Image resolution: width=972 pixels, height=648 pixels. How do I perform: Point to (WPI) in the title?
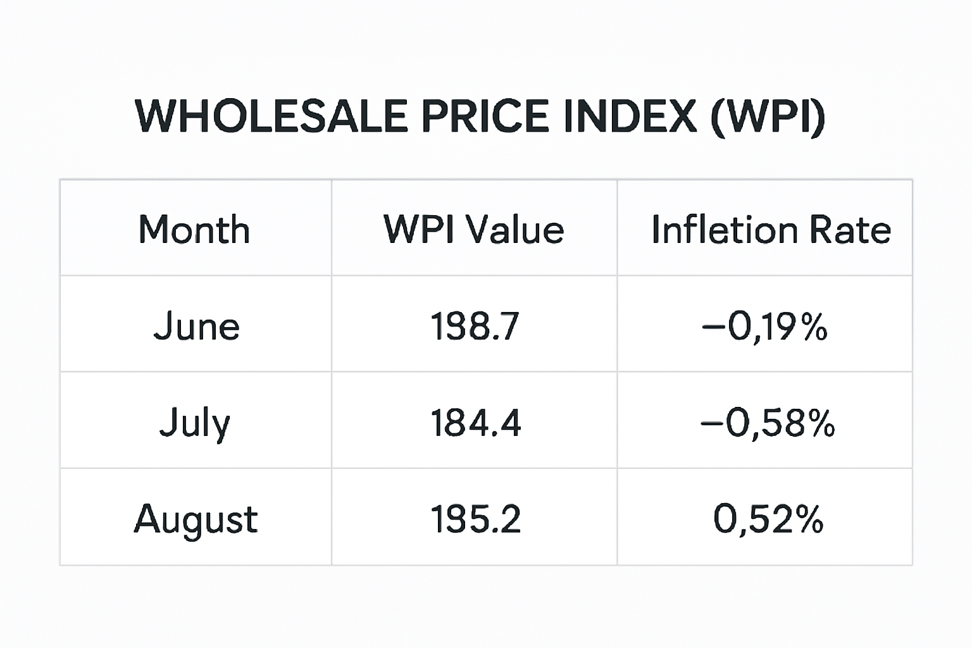pos(768,116)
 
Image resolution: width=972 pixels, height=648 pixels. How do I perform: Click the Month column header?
pos(194,229)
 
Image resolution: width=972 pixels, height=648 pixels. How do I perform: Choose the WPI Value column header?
pos(473,229)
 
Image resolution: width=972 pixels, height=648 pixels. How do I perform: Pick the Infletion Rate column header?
pos(771,229)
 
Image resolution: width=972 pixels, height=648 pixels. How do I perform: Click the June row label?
pos(196,327)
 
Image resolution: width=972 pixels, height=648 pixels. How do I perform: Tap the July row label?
pos(194,423)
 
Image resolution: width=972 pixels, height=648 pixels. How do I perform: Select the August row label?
pos(196,520)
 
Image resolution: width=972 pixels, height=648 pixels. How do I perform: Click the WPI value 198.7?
pos(475,327)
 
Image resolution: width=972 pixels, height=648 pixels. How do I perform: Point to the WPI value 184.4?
pos(475,423)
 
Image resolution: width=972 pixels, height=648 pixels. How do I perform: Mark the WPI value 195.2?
pos(475,520)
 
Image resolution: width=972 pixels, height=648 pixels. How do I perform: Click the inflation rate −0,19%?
pos(764,327)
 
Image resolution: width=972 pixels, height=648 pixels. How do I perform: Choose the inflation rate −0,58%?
pos(767,423)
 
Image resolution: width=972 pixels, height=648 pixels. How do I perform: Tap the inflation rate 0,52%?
pos(768,520)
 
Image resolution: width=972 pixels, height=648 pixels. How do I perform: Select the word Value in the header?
pos(514,229)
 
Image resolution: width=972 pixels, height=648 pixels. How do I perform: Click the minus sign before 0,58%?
pos(711,423)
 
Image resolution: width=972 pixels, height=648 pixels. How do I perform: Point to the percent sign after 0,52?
pos(809,520)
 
